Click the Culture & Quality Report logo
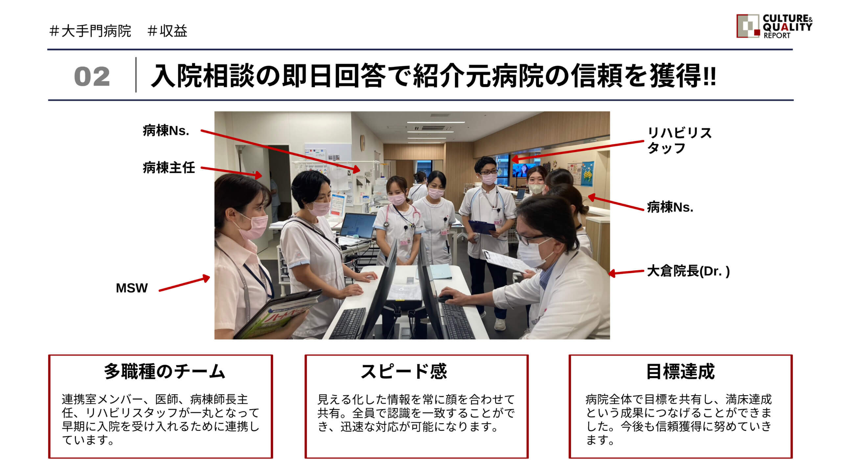coord(774,26)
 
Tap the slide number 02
coord(92,77)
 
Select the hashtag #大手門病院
coord(90,31)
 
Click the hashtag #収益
coord(168,31)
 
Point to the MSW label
coord(132,288)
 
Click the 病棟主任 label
coord(169,168)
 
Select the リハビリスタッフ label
coord(679,141)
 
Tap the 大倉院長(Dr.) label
coord(688,271)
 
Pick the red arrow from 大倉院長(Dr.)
coord(626,272)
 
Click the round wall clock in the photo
coord(362,143)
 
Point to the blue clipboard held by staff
coord(482,227)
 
